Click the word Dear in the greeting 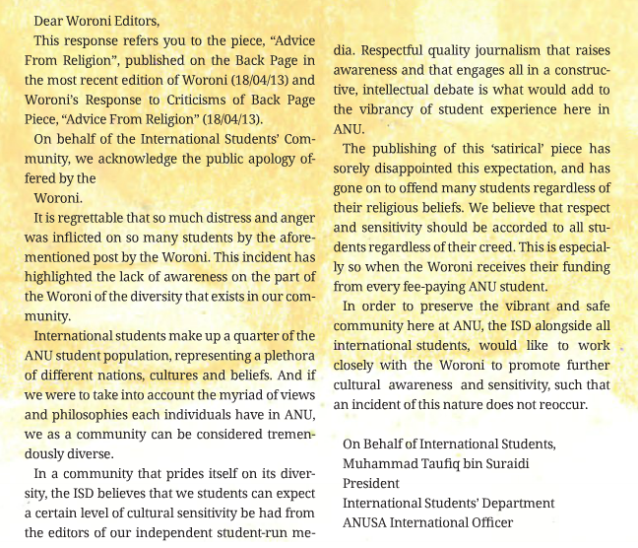tap(50, 20)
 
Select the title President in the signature tap(370, 484)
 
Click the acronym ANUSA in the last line tap(365, 523)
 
